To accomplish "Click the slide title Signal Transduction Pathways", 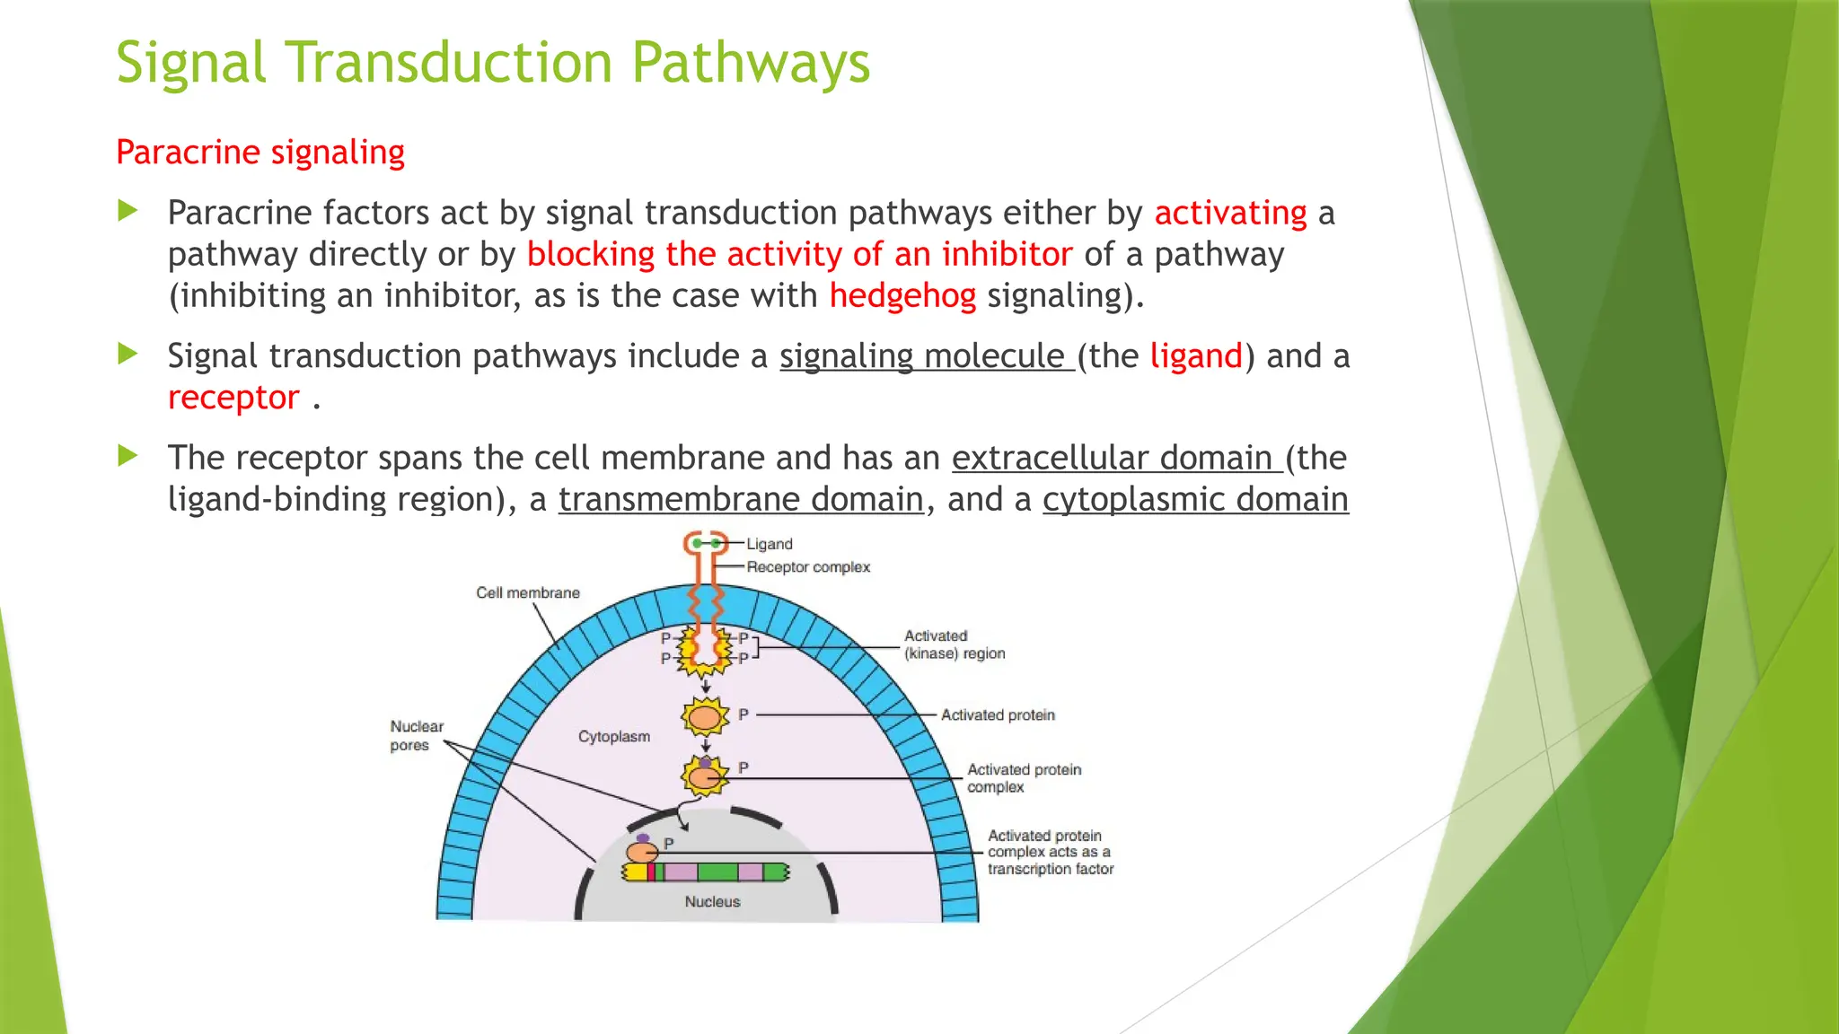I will pyautogui.click(x=493, y=63).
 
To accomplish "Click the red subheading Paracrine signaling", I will pyautogui.click(x=260, y=152).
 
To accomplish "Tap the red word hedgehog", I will pyautogui.click(x=902, y=295).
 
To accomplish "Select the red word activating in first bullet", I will pyautogui.click(x=1230, y=213).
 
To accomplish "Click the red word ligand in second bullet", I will pyautogui.click(x=1196, y=356).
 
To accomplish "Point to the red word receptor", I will pyautogui.click(x=233, y=398).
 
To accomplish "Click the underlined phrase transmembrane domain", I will pyautogui.click(x=741, y=499).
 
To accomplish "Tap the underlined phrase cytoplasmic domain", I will pyautogui.click(x=1195, y=499).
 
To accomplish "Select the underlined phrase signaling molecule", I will pyautogui.click(x=925, y=356).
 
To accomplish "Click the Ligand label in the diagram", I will pyautogui.click(x=770, y=544).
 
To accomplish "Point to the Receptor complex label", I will pyautogui.click(x=808, y=567).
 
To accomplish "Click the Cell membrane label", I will pyautogui.click(x=528, y=593).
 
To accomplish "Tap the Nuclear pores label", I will pyautogui.click(x=416, y=735).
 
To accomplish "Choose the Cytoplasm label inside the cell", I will pyautogui.click(x=614, y=737).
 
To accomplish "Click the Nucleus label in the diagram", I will pyautogui.click(x=712, y=902).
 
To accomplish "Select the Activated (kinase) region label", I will pyautogui.click(x=954, y=644).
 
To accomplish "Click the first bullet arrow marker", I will pyautogui.click(x=128, y=212).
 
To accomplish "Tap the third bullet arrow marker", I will pyautogui.click(x=128, y=456).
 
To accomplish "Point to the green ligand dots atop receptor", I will pyautogui.click(x=706, y=543).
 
